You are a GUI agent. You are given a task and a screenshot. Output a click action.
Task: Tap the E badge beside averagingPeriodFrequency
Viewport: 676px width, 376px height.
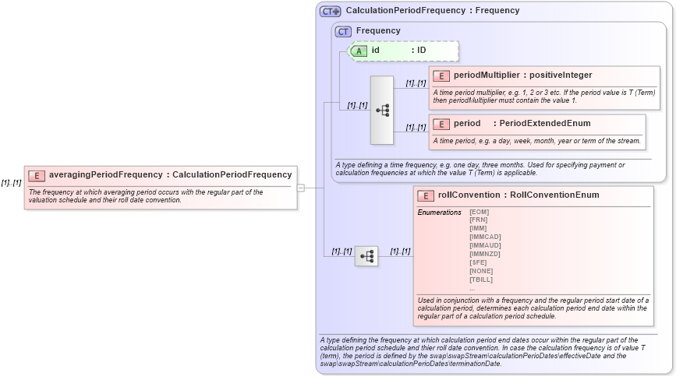37,175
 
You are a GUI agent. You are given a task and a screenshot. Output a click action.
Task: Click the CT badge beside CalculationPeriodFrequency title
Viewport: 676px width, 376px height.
331,11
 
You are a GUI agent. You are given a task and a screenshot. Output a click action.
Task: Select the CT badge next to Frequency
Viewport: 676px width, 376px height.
343,31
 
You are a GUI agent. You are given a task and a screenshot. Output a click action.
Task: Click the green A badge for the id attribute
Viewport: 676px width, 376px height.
359,51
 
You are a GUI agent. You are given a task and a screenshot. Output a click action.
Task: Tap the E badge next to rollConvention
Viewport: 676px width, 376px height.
426,195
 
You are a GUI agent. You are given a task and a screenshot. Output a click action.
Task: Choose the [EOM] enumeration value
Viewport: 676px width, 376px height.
480,212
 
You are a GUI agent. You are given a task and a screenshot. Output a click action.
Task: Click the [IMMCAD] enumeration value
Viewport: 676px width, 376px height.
485,237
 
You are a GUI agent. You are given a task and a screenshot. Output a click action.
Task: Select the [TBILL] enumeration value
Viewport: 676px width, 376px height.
481,279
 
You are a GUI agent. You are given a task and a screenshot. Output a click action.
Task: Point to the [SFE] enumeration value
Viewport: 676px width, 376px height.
478,262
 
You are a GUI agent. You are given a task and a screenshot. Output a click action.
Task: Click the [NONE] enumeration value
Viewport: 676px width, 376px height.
481,271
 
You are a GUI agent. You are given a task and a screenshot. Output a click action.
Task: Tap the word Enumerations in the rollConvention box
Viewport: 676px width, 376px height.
440,212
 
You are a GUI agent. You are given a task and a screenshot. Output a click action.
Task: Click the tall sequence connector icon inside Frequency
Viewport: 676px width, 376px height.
382,111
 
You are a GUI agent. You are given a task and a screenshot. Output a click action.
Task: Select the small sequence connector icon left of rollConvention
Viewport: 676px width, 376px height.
366,255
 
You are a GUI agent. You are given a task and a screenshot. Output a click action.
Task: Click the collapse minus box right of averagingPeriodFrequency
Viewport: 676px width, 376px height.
301,187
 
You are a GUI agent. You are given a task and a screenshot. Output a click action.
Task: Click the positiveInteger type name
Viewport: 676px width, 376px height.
561,76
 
